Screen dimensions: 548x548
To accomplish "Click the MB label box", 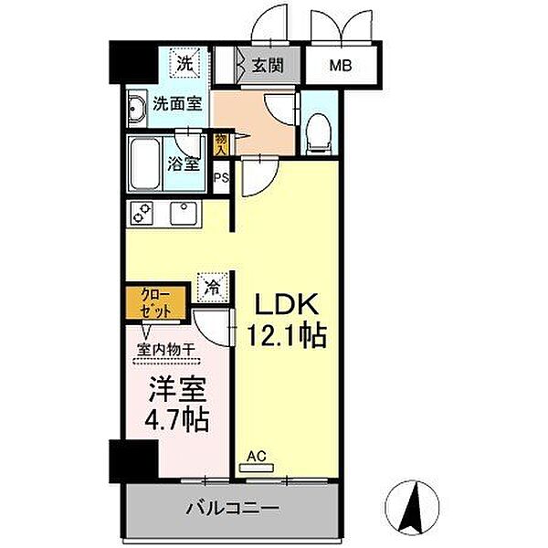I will (339, 66).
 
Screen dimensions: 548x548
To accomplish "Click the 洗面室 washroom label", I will (177, 104).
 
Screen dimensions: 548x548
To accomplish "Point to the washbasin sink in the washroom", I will (137, 108).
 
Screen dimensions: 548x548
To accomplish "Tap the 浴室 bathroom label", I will (184, 165).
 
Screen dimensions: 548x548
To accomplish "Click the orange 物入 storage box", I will (221, 143).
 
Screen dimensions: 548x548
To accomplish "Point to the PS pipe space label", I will (220, 178).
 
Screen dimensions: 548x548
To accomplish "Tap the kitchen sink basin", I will (184, 215).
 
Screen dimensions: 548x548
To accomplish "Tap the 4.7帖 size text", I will (178, 419).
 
